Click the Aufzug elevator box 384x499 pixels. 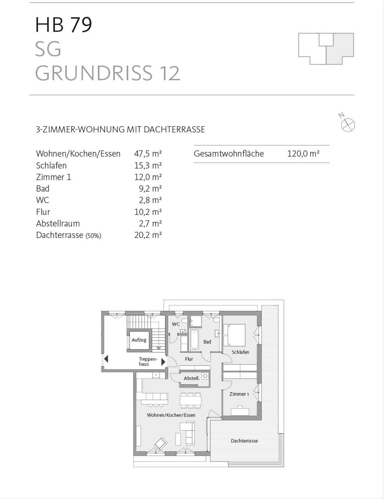[x=139, y=340]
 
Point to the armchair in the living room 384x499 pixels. [x=160, y=444]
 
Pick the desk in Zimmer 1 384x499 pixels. [x=240, y=410]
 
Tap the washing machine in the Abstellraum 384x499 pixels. [x=205, y=376]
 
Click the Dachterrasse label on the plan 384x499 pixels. [x=244, y=441]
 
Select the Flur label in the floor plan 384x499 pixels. [x=189, y=359]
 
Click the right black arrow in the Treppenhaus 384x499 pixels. [x=163, y=362]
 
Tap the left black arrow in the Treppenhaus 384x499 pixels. [x=106, y=359]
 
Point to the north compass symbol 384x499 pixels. [x=348, y=124]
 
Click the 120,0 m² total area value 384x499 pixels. [x=303, y=154]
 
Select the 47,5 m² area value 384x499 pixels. [x=148, y=154]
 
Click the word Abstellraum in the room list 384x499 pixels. [x=58, y=223]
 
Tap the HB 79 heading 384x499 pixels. [x=64, y=25]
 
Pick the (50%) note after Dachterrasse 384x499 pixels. [x=93, y=236]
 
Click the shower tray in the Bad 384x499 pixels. [x=195, y=321]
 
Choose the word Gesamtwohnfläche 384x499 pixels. [x=229, y=154]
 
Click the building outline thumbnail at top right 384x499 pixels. [x=326, y=49]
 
